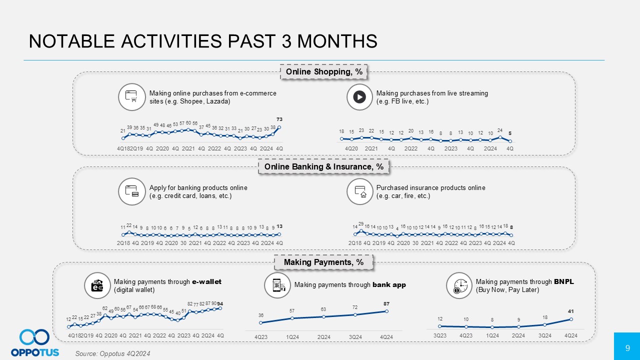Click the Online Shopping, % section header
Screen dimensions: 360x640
tap(323, 72)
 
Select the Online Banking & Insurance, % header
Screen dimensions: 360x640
tap(323, 167)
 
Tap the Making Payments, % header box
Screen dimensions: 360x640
tap(323, 262)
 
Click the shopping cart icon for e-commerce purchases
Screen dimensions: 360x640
tap(131, 97)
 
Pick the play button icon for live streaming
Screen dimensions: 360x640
tap(359, 97)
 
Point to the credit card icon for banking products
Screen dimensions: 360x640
tap(131, 191)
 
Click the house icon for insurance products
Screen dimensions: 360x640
tap(359, 191)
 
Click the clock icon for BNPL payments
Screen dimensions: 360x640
tap(459, 285)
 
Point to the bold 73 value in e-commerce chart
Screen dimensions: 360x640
tap(279, 119)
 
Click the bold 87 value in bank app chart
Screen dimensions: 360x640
tap(386, 303)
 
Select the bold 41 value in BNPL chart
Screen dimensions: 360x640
tap(571, 311)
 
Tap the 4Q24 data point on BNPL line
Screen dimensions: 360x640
tap(571, 319)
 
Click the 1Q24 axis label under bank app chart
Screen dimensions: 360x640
tap(292, 337)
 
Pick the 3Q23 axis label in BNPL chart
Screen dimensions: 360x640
tap(439, 335)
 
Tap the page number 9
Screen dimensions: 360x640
tap(627, 346)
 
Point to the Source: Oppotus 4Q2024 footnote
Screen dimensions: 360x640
tap(112, 353)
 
